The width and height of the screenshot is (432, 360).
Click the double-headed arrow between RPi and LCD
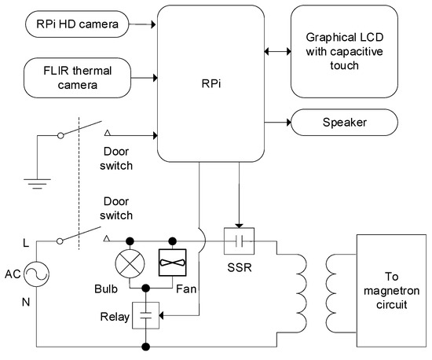tap(277, 51)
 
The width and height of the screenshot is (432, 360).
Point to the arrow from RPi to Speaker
tap(277, 122)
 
